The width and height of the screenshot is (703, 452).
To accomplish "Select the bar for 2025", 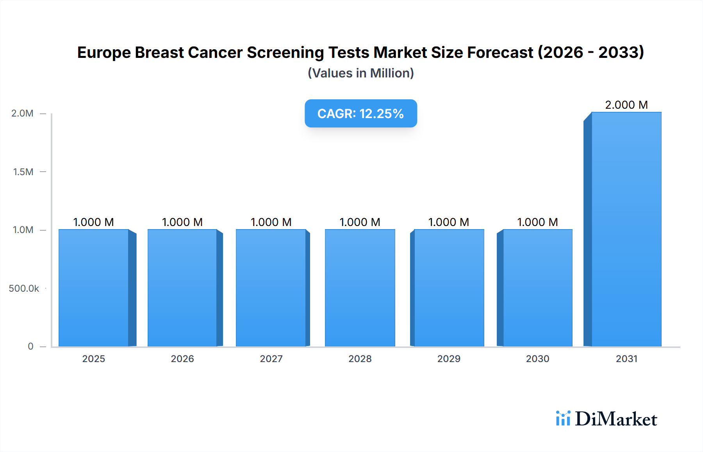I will [94, 288].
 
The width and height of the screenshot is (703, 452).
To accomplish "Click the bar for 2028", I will [360, 288].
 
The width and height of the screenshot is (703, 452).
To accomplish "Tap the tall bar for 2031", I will [626, 229].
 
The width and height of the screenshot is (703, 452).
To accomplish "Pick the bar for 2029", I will [449, 288].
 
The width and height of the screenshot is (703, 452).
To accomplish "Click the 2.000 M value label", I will [626, 105].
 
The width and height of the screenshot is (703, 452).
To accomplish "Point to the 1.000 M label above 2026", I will [182, 222].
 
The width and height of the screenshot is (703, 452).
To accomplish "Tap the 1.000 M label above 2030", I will [537, 222].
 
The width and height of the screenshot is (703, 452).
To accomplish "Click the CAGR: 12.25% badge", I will [360, 113].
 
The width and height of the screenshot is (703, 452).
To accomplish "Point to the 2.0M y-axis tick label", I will [22, 113].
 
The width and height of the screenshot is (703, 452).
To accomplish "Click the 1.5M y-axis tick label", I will [23, 172].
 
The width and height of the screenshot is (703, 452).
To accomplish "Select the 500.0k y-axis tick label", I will [24, 289].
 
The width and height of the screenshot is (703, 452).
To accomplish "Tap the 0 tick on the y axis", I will [30, 346].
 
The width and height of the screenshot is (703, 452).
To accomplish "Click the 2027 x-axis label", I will [271, 359].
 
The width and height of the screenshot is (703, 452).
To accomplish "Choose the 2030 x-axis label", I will [537, 359].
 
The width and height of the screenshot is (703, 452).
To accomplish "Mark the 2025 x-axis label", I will [94, 359].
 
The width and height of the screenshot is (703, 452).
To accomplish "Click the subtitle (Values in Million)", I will [360, 73].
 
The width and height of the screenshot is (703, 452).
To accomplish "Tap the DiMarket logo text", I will [616, 419].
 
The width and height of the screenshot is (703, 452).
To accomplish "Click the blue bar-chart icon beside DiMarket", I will [563, 418].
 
